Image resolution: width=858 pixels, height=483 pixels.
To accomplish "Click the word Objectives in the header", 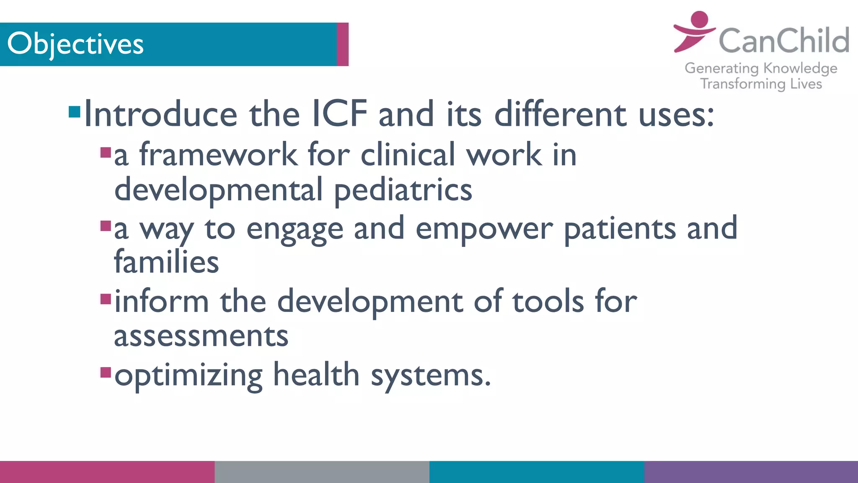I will pyautogui.click(x=75, y=44).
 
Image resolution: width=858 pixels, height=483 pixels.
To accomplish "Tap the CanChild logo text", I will pyautogui.click(x=783, y=41).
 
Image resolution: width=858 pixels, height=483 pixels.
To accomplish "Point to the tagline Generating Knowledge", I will pyautogui.click(x=761, y=68).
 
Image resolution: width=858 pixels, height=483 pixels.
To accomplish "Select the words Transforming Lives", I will pyautogui.click(x=761, y=84).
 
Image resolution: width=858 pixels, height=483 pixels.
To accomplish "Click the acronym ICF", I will pyautogui.click(x=340, y=114).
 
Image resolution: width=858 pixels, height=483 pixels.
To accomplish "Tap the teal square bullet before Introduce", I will pyautogui.click(x=75, y=112).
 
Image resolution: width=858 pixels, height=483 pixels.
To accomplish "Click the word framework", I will pyautogui.click(x=218, y=154).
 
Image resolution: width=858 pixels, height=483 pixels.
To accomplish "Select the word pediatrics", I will pyautogui.click(x=403, y=190).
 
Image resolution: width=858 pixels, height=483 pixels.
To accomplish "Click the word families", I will pyautogui.click(x=166, y=262).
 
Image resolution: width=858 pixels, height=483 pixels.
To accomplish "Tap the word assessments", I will pyautogui.click(x=201, y=336).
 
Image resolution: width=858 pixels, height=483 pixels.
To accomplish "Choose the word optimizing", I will pyautogui.click(x=189, y=375).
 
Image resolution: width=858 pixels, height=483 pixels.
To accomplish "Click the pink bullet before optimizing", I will pyautogui.click(x=106, y=372).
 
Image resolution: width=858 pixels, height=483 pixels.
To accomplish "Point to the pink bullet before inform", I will pyautogui.click(x=106, y=299).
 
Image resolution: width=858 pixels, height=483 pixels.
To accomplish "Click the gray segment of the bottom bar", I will pyautogui.click(x=322, y=472).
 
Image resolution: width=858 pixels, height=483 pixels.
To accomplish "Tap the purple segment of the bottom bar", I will pyautogui.click(x=751, y=472).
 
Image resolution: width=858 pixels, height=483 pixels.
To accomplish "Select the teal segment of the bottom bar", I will pyautogui.click(x=536, y=472).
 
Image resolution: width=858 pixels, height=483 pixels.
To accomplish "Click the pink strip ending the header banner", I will pyautogui.click(x=342, y=44).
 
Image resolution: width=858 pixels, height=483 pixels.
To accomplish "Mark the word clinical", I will pyautogui.click(x=408, y=154).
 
